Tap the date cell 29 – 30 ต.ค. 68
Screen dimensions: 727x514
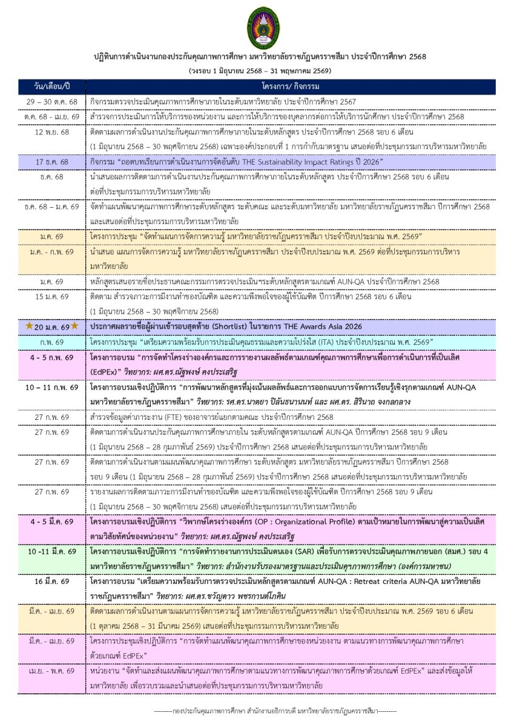coord(52,101)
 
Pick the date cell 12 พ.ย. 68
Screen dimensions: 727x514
coord(52,131)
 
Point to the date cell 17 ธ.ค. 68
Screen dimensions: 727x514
coord(52,162)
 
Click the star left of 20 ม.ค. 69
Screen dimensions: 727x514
coord(29,326)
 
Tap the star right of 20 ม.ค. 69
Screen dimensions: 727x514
coord(74,326)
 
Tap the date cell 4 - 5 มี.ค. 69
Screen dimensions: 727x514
coord(52,521)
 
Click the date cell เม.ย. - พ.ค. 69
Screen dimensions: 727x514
coord(52,671)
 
